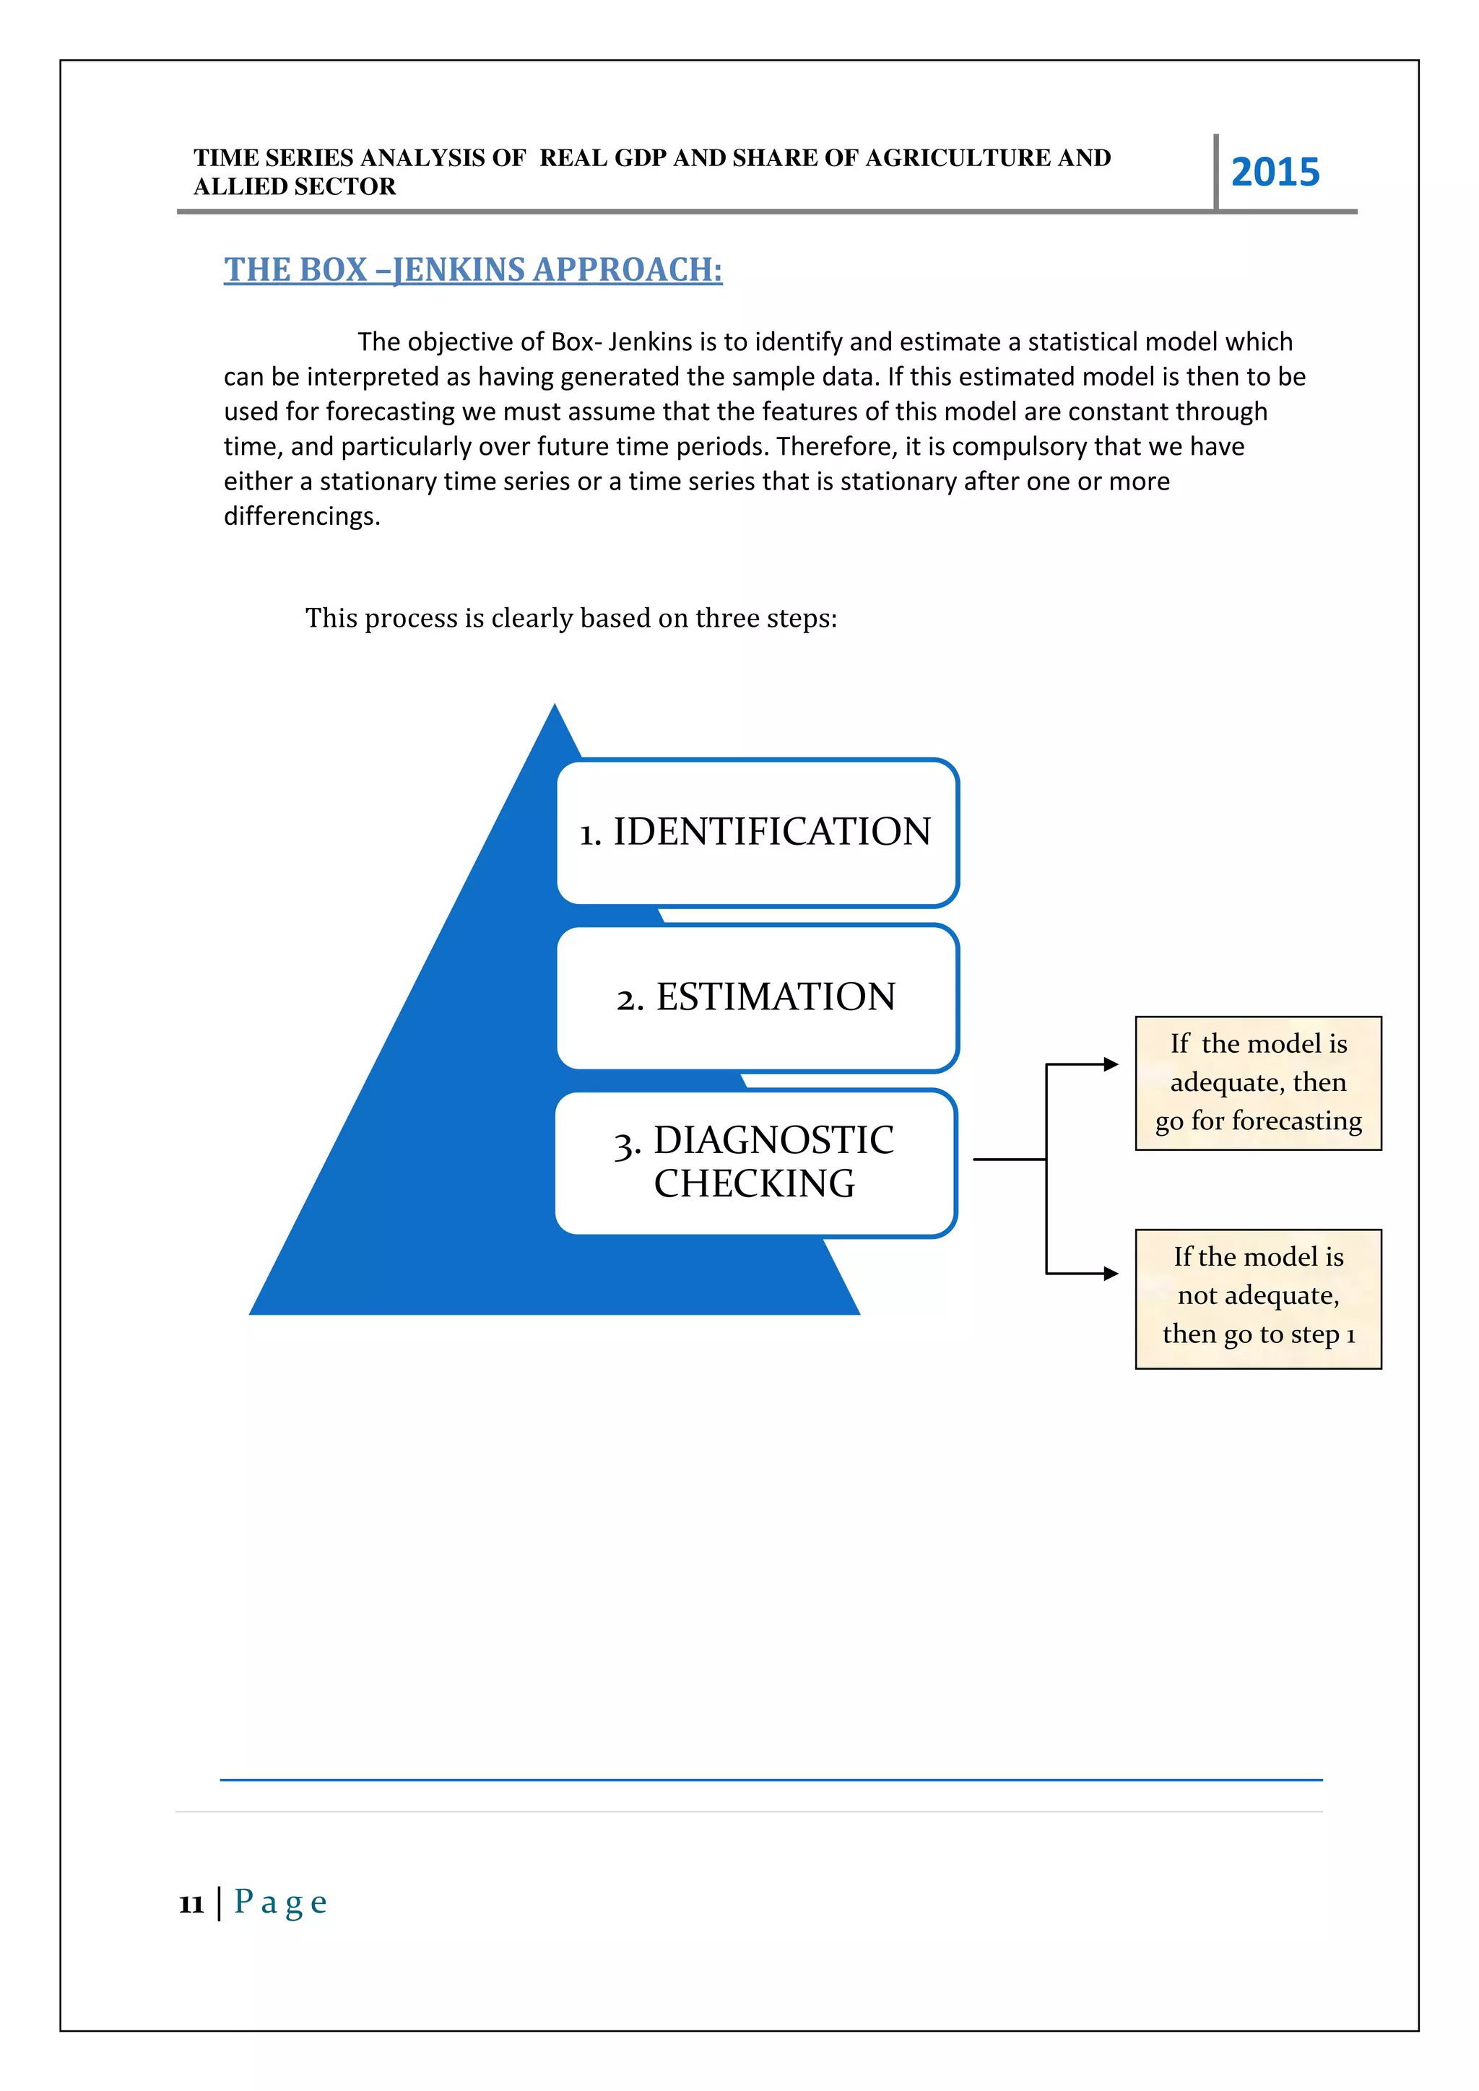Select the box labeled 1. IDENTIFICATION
pos(757,833)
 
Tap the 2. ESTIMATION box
pos(757,997)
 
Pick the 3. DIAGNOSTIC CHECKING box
pos(755,1163)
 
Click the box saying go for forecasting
pos(1258,1083)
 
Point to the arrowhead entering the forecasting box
pos(1111,1064)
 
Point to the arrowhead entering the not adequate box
pos(1111,1273)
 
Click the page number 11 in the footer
pos(191,1903)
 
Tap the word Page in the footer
pos(280,1902)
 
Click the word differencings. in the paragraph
pos(301,516)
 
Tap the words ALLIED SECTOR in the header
pos(294,187)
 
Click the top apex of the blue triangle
pos(555,708)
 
